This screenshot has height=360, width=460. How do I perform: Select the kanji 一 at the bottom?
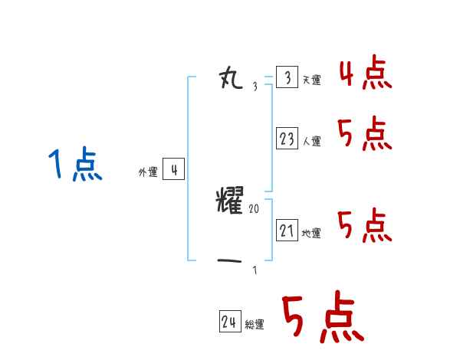230,261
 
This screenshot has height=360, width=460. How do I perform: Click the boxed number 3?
287,78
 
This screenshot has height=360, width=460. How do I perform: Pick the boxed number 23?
287,139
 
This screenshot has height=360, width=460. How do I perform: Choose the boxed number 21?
287,231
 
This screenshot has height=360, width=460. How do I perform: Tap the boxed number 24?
229,322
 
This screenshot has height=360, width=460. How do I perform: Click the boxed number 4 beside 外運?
174,170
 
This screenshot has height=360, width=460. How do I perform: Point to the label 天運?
311,80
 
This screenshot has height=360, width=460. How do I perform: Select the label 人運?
311,142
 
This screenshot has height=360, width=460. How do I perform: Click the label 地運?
311,234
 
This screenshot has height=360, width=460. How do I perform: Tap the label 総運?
254,325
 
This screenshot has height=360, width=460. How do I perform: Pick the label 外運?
148,172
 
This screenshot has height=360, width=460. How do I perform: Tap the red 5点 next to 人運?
365,136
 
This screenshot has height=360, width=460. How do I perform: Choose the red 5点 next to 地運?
365,227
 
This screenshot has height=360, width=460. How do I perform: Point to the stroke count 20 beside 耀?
254,208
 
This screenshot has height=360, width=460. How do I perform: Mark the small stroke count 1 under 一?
255,270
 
